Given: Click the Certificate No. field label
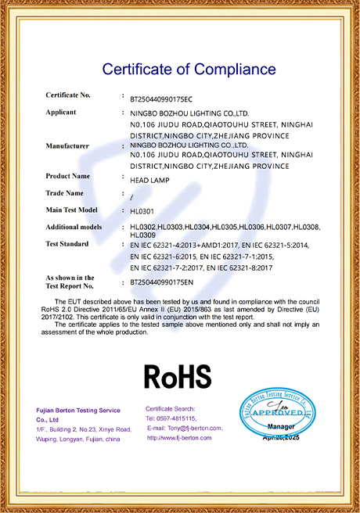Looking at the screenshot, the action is pos(68,95).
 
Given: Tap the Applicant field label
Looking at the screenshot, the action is pos(61,112).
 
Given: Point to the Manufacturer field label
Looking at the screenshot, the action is pos(68,145).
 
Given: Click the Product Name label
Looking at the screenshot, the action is pos(68,176).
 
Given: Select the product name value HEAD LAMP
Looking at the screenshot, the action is pos(146,180).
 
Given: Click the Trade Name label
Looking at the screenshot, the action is pos(64,192).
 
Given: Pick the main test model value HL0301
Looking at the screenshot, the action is pos(142,211).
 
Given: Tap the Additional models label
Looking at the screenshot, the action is pos(74,226).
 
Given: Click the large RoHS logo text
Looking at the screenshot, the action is pos(178,376).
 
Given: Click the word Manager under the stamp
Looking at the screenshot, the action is pos(281,425).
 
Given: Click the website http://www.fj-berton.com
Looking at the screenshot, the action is pos(179,438).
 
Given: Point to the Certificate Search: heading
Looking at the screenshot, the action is pos(170,409).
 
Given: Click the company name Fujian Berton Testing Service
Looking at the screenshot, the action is pos(78,411).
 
